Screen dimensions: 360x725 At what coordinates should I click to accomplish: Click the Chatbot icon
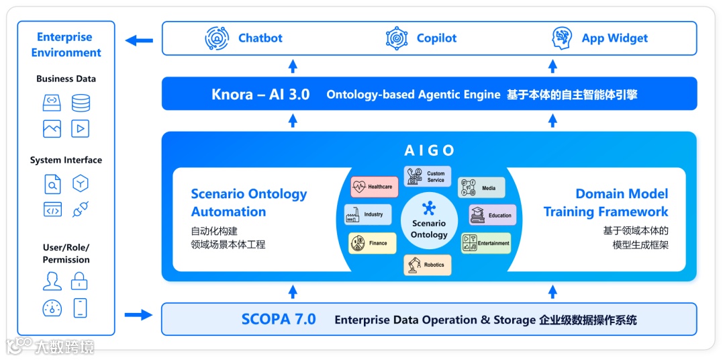pos(217,38)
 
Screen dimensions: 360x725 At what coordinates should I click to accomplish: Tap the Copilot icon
pos(397,38)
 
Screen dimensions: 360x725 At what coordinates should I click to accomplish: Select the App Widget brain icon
pos(562,38)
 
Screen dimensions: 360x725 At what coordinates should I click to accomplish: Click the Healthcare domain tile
pos(375,187)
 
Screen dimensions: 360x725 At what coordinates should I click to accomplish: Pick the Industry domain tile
pos(368,214)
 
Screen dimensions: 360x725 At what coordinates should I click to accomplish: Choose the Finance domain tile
pos(372,242)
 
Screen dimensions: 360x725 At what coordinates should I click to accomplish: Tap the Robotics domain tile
pos(428,265)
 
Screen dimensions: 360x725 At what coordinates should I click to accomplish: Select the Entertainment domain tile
pos(486,242)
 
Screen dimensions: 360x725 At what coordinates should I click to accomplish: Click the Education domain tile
pos(493,215)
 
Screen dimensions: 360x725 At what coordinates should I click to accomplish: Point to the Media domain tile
pos(481,187)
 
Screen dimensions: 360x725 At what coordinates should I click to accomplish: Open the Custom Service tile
pos(428,177)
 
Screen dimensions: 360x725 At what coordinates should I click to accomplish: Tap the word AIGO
pos(430,150)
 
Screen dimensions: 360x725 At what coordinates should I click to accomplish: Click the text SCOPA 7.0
pos(278,319)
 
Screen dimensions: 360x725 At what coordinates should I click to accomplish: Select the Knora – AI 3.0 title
pos(260,95)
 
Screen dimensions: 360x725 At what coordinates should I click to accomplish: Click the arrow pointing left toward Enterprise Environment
pos(140,40)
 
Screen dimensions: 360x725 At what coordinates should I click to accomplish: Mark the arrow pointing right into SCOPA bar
pos(138,314)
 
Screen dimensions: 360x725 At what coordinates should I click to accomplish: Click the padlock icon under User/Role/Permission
pos(80,280)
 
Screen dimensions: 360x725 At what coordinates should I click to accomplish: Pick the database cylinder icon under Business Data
pos(81,103)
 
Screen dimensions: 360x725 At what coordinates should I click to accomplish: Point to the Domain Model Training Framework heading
pos(606,202)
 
